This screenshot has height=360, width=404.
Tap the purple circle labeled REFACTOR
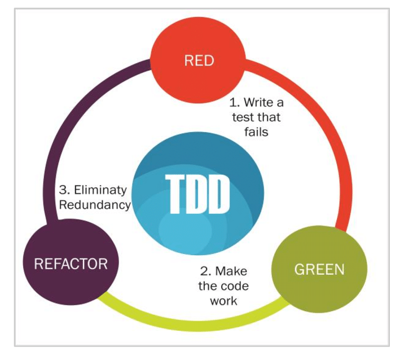[71, 264]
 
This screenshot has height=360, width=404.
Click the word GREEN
[319, 269]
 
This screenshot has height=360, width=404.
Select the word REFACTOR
[71, 264]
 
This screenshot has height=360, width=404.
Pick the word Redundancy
[95, 204]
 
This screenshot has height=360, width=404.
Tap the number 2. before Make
[205, 271]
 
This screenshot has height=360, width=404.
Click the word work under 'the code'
[223, 300]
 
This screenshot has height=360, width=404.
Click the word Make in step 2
[232, 271]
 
